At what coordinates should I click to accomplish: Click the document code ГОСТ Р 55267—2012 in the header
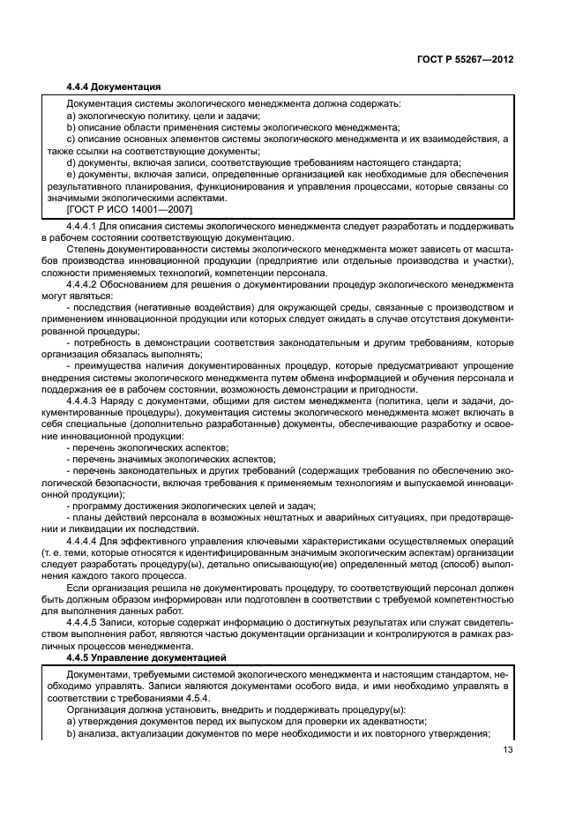(x=465, y=59)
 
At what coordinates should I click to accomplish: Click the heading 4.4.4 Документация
(x=115, y=86)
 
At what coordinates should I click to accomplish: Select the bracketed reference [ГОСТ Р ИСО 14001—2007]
(x=130, y=209)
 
